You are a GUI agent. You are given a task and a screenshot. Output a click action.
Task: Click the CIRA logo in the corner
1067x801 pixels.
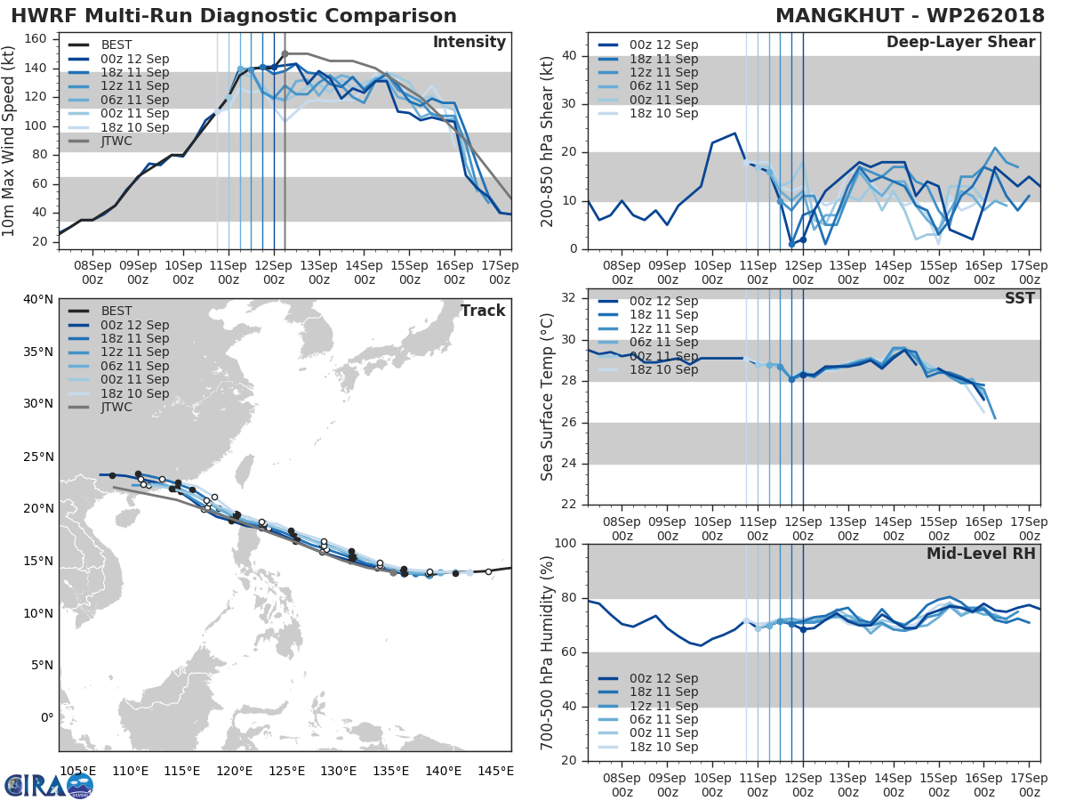(48, 785)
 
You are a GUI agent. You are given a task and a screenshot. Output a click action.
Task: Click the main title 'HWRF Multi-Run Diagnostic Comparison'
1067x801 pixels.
(234, 16)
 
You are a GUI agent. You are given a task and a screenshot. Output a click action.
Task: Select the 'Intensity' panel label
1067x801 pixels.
(469, 43)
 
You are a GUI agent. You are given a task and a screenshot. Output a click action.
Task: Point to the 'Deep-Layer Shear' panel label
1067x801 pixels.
(960, 43)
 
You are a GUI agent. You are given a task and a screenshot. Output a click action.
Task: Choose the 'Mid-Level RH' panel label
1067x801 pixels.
(981, 554)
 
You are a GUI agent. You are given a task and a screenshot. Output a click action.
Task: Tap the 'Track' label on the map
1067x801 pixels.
(483, 311)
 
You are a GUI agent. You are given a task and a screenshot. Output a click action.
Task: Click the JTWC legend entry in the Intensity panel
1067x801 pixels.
(118, 142)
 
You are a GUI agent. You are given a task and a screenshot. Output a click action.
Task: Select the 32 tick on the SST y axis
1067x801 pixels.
(571, 297)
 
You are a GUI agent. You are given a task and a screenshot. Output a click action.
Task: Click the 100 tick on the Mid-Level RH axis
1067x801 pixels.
(566, 544)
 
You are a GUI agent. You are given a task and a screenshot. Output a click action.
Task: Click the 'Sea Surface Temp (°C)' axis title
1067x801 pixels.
(547, 396)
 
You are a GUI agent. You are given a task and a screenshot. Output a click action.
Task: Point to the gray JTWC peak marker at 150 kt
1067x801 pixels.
(285, 53)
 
